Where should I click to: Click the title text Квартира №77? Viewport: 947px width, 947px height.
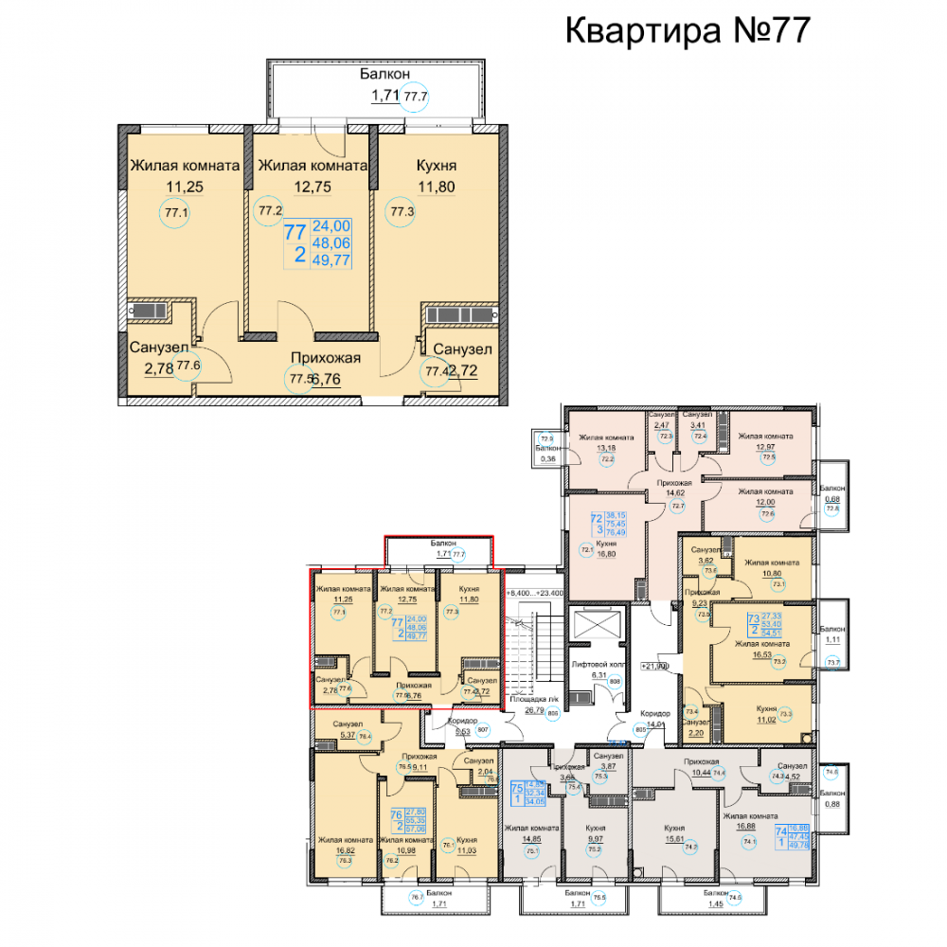(x=688, y=30)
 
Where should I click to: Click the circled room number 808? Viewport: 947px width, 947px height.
(x=614, y=681)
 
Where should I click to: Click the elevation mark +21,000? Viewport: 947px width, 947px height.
(x=655, y=666)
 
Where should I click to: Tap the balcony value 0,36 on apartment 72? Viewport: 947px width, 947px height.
(x=546, y=459)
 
